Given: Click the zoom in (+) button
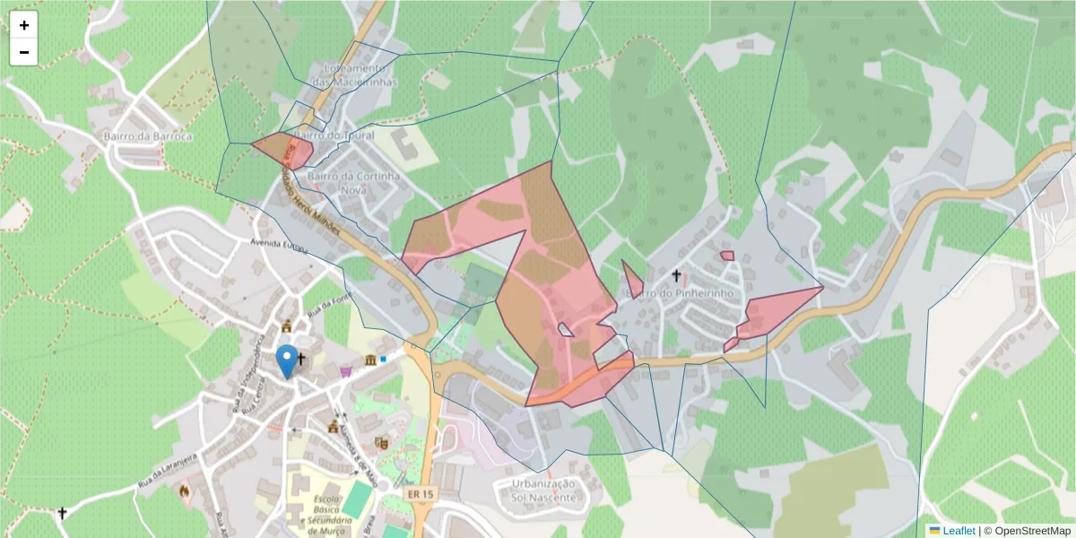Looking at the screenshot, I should click(24, 25).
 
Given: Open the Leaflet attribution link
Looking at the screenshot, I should click(958, 531).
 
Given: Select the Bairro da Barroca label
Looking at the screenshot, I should click(148, 136).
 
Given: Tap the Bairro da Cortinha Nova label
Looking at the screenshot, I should click(353, 182).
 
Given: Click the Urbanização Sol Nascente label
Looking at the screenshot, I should click(542, 489).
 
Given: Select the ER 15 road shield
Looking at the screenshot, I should click(419, 494).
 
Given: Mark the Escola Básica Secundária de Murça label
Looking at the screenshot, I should click(328, 516).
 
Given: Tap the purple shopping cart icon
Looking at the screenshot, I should click(345, 370).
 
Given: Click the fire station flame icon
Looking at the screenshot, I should click(185, 491).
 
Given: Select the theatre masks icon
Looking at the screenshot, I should click(380, 442).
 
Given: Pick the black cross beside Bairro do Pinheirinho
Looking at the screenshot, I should click(676, 275).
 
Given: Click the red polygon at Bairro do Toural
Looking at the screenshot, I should click(285, 149).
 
